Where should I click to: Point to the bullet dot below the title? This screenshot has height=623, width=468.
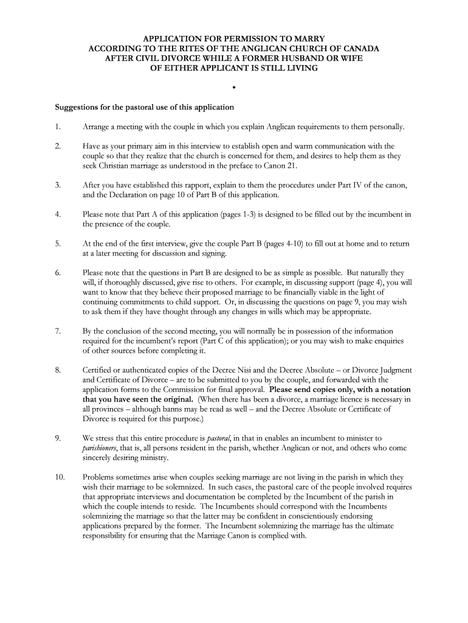[x=233, y=88]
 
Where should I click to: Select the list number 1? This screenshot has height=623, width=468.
[x=57, y=127]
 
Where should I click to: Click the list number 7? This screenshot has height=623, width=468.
[x=57, y=331]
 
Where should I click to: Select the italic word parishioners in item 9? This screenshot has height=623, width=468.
[x=102, y=448]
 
